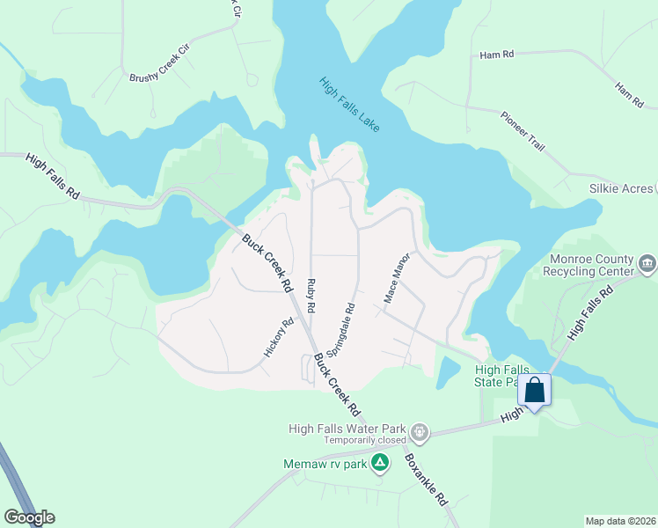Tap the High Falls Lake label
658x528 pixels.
(x=349, y=105)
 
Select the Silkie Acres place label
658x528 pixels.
(x=621, y=189)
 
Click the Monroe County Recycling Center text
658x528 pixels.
(x=591, y=265)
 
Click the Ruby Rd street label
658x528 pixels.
(x=311, y=296)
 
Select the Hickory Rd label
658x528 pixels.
(x=278, y=337)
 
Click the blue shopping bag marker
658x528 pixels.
(x=535, y=389)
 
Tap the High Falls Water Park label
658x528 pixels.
(x=349, y=429)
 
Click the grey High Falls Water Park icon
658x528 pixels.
(x=420, y=431)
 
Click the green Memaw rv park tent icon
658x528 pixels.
(x=380, y=462)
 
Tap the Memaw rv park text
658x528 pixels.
(x=324, y=463)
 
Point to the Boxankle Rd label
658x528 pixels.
(x=427, y=479)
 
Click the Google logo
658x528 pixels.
(x=29, y=517)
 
